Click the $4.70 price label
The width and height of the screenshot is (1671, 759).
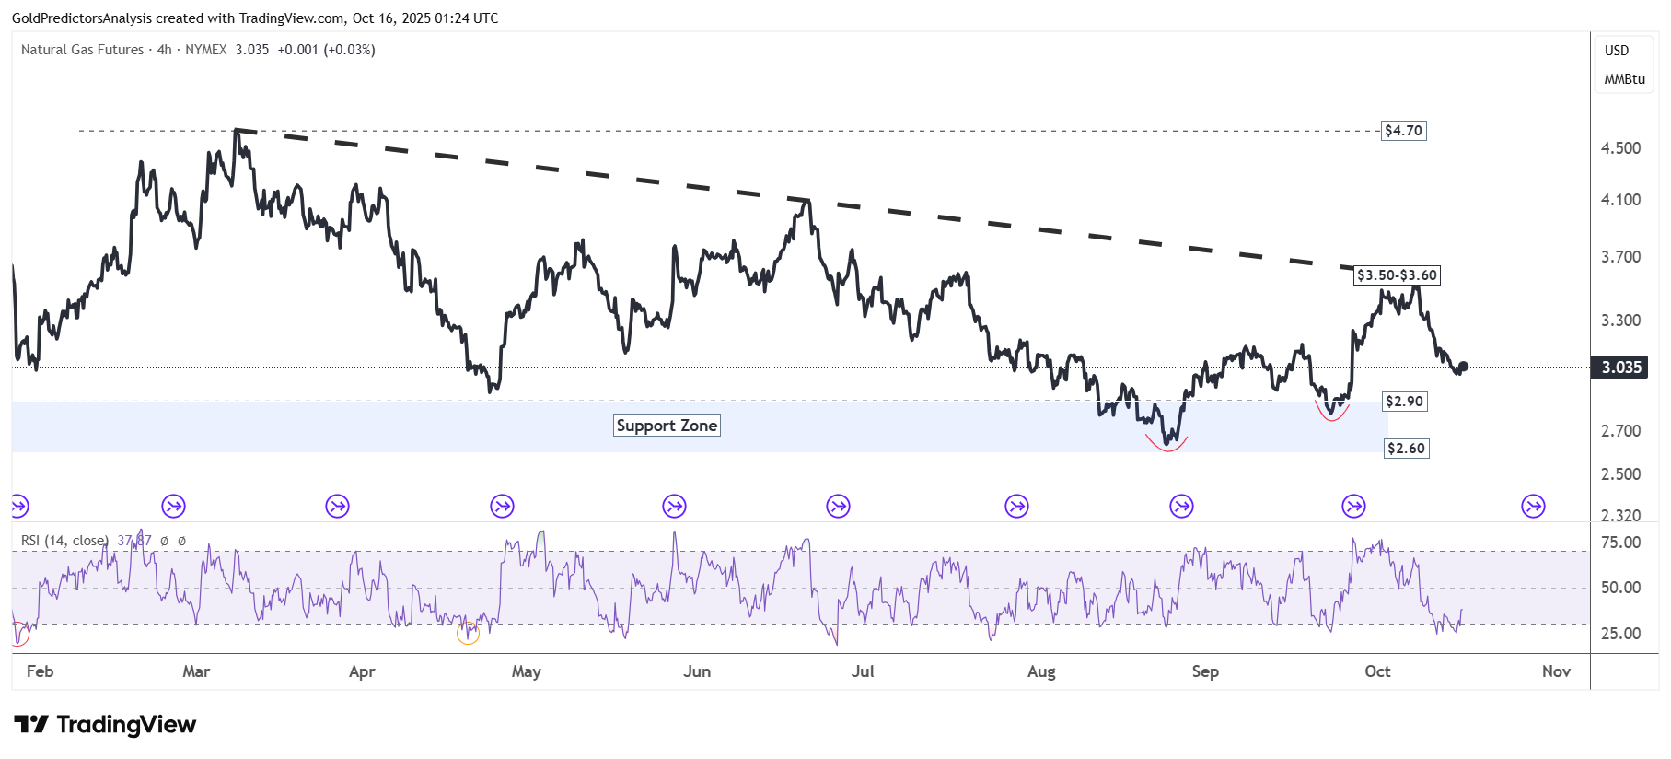click(x=1403, y=131)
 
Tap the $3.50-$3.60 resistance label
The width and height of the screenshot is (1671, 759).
click(x=1397, y=275)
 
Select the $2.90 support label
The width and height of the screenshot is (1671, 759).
click(x=1404, y=402)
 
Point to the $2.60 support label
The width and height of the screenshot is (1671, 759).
click(x=1406, y=449)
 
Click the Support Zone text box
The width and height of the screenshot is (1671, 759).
click(x=667, y=426)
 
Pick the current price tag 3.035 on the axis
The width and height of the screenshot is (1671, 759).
click(x=1620, y=368)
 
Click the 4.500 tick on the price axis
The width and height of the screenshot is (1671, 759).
click(x=1620, y=148)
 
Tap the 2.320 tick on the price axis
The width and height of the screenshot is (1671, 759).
click(x=1620, y=516)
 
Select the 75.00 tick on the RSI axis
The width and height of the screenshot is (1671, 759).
click(x=1620, y=543)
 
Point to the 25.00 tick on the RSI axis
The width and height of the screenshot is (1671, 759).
click(x=1620, y=634)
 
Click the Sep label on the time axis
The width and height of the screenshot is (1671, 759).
click(x=1205, y=671)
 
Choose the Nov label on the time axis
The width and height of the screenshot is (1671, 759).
click(x=1556, y=671)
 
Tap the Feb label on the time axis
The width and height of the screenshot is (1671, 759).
click(x=41, y=671)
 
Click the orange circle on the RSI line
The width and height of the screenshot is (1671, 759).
click(x=468, y=634)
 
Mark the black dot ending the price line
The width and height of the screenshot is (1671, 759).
click(x=1463, y=367)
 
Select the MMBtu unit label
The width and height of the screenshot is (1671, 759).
click(x=1624, y=79)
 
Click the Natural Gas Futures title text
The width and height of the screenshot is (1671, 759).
click(x=83, y=50)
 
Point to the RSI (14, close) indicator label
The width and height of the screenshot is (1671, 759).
click(x=64, y=541)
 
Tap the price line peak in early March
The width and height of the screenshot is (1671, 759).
click(x=236, y=131)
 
